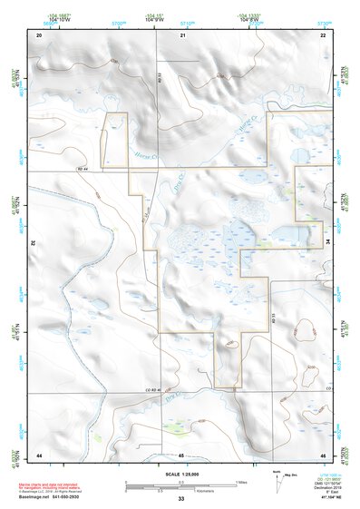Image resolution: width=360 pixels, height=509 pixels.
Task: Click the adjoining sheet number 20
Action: [39, 34]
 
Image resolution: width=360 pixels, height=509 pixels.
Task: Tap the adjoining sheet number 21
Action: [182, 34]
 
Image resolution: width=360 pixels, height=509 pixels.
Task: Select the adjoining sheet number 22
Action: [323, 34]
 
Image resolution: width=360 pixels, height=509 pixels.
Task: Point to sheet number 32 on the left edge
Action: [34, 243]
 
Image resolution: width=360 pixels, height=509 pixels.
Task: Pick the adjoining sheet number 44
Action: [39, 453]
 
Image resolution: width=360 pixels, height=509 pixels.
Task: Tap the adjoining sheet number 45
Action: [181, 453]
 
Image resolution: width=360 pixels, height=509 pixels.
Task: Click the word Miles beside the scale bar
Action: [241, 482]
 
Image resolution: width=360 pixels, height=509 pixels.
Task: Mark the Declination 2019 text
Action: [331, 486]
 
